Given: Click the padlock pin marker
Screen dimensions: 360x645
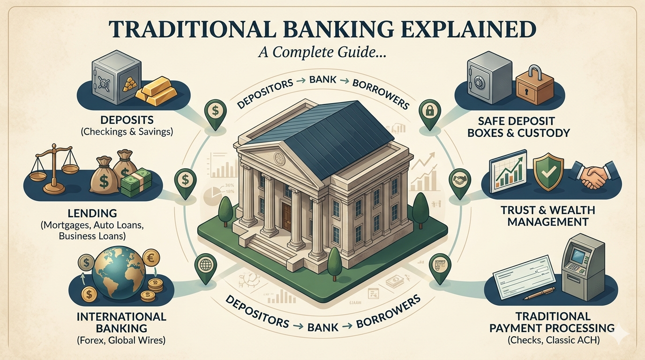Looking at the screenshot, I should [427, 112].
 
